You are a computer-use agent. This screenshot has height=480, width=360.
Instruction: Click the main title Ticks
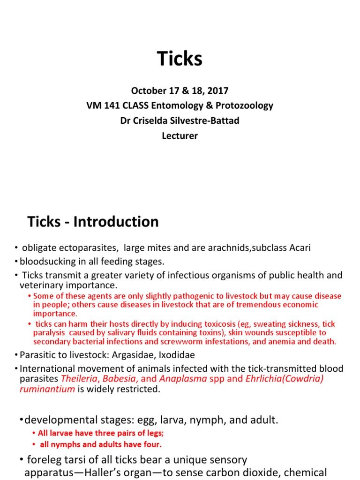pos(180,59)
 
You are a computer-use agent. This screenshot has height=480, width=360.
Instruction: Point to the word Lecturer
pos(180,136)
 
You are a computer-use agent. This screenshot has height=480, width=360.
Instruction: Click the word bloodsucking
pos(47,261)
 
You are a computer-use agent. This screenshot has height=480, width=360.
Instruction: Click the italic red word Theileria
pos(80,378)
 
